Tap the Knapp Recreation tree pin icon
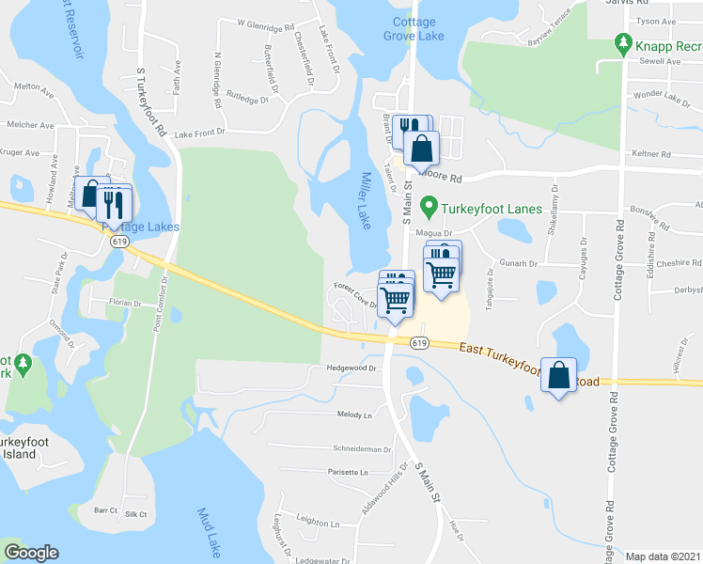click(622, 44)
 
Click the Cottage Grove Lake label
click(414, 29)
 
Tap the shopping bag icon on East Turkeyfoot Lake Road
click(559, 375)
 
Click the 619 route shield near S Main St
click(419, 343)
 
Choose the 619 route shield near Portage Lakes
click(118, 242)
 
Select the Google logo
click(31, 552)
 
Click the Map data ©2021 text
click(663, 556)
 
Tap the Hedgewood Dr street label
click(351, 368)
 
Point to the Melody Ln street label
click(354, 415)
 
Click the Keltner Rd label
click(651, 153)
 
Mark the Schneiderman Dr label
click(361, 449)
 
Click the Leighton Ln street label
click(318, 523)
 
